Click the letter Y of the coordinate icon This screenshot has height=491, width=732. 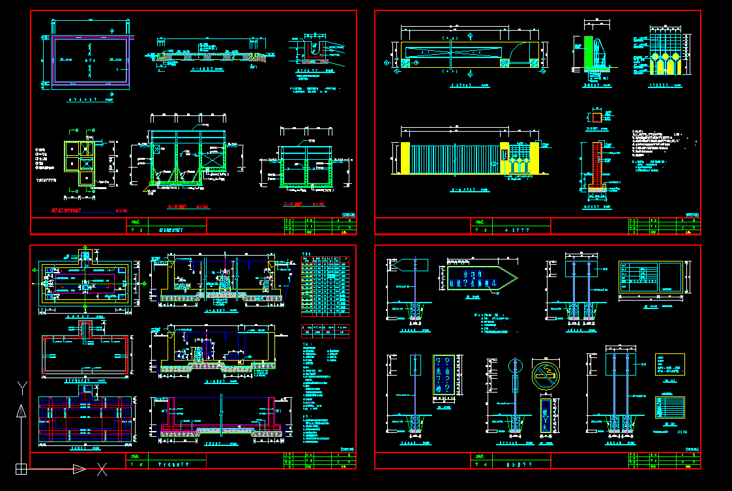tap(22, 389)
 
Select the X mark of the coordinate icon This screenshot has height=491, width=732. tap(102, 468)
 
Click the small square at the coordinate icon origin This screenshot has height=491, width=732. tap(21, 468)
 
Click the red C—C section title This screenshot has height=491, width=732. tap(294, 204)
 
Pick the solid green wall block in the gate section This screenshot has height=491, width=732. tap(589, 52)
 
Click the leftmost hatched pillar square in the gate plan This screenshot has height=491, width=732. tap(405, 63)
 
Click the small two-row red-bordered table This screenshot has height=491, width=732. tap(325, 329)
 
